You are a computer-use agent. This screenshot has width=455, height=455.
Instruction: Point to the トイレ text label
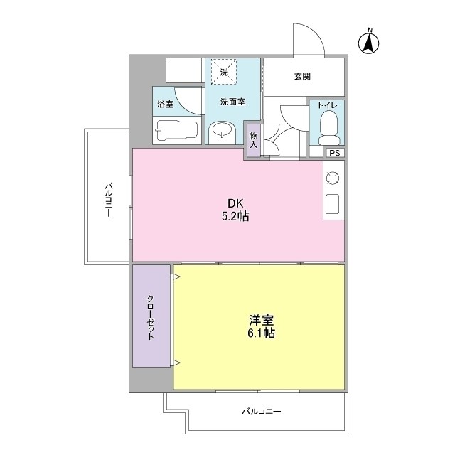pyautogui.click(x=327, y=105)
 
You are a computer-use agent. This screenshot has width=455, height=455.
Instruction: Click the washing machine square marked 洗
pyautogui.click(x=223, y=73)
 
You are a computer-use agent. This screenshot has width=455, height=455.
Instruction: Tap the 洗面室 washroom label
pyautogui.click(x=232, y=102)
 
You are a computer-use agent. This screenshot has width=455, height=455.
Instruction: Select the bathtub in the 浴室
pyautogui.click(x=176, y=131)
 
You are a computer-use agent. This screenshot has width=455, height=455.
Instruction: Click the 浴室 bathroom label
pyautogui.click(x=165, y=104)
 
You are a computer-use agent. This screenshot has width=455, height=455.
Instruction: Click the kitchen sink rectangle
pyautogui.click(x=333, y=204)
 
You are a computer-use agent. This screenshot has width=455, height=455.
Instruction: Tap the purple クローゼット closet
pyautogui.click(x=151, y=317)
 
